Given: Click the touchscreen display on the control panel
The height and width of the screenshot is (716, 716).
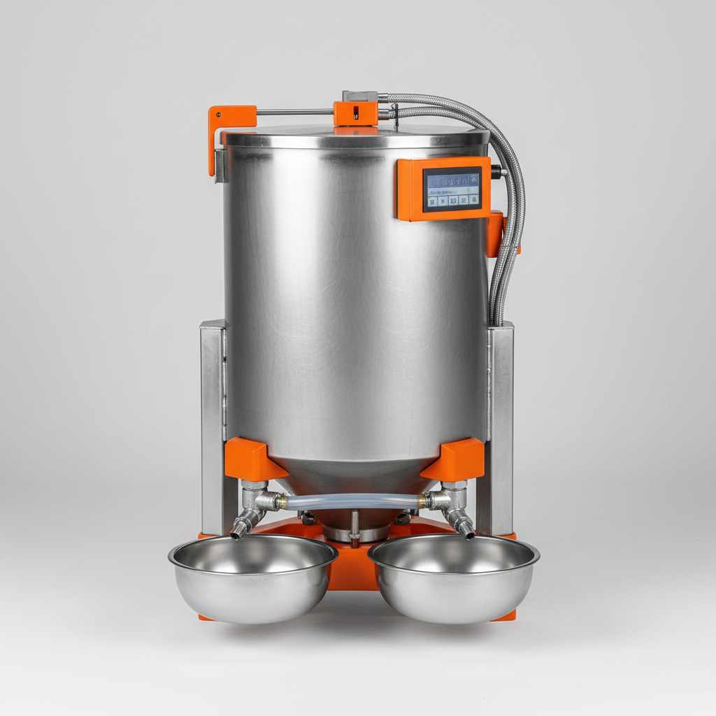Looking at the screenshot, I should click(x=452, y=189).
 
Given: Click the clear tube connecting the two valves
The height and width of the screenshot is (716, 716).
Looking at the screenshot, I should click(x=353, y=501).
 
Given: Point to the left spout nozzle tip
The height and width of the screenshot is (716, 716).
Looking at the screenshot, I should click(x=236, y=534).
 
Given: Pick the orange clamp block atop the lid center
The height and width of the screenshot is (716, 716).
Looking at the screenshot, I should click(x=356, y=113).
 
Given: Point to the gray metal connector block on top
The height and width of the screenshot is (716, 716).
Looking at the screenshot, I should click(x=359, y=96).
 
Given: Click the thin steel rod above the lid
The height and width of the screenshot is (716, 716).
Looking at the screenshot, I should click(x=294, y=112).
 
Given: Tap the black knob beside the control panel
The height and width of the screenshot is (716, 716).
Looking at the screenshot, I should click(x=496, y=172).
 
